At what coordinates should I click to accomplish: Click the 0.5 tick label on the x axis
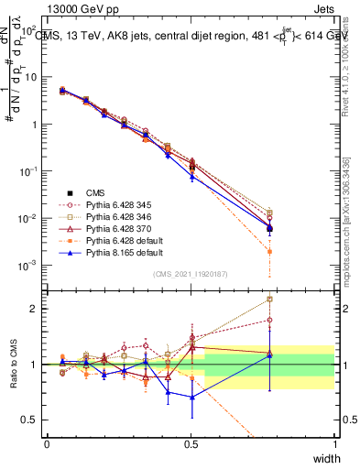click(191, 443)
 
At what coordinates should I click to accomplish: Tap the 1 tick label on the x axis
click(335, 443)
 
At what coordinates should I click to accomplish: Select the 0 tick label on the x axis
click(47, 443)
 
